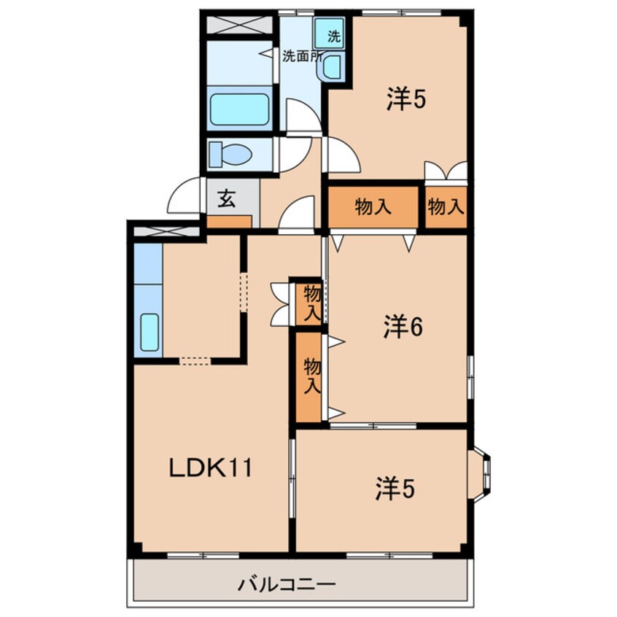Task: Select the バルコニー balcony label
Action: [x=287, y=584]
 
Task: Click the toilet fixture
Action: [x=230, y=155]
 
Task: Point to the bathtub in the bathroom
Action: [x=239, y=109]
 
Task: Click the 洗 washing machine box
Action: [x=331, y=34]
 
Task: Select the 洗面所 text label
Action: [x=300, y=56]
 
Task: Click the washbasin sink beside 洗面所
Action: [x=333, y=67]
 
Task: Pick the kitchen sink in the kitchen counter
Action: [x=150, y=332]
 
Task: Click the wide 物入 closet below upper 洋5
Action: [x=373, y=207]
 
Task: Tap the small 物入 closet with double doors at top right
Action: [x=446, y=207]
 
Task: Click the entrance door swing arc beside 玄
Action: [x=185, y=197]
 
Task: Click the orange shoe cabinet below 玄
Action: [x=229, y=221]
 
